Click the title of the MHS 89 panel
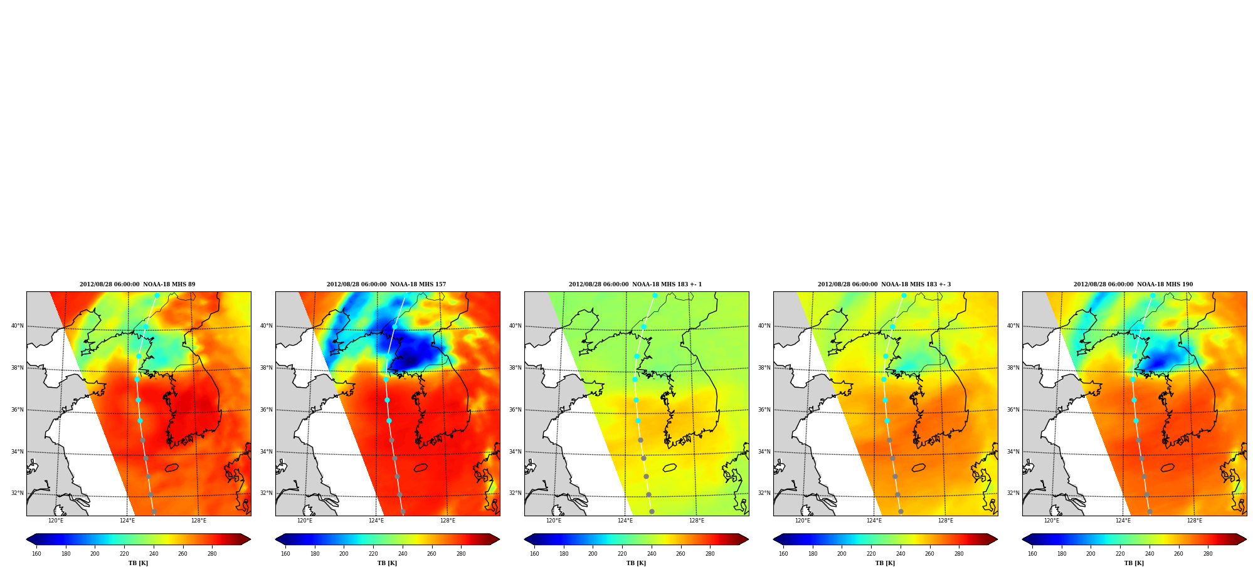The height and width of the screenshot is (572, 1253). (137, 284)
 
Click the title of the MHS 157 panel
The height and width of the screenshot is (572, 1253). (386, 284)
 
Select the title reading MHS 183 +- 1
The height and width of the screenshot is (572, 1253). (635, 284)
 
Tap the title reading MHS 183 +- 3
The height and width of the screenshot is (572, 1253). (884, 284)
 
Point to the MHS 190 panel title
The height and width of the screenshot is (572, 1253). (1133, 284)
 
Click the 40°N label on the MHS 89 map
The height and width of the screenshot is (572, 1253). (17, 326)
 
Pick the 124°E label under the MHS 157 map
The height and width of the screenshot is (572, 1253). (376, 521)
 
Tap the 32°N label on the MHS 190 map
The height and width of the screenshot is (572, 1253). (1013, 493)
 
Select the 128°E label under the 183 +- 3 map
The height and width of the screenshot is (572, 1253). (946, 521)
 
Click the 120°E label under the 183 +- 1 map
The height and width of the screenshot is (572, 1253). (554, 521)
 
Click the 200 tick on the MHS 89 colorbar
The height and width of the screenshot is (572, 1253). (95, 554)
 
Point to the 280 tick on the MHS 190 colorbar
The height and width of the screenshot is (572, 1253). (1208, 554)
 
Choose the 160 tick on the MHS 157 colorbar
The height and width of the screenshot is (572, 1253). (285, 554)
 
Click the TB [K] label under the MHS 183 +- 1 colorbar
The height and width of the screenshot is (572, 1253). (636, 563)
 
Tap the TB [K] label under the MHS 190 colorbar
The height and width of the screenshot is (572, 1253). (1134, 563)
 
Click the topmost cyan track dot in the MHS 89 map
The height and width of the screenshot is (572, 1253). (157, 296)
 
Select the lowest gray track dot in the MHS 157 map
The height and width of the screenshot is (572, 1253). (403, 512)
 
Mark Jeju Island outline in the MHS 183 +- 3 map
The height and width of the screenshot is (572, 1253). (919, 468)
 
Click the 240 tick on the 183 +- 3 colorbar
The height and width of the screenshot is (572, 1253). (901, 554)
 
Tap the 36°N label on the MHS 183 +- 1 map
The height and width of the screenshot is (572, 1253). (515, 410)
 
